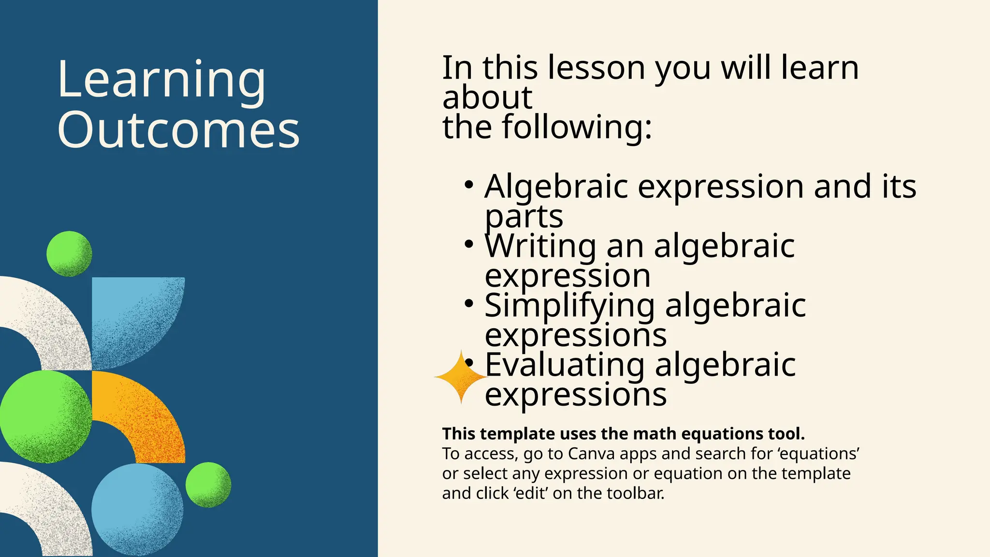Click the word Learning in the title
tap(161, 80)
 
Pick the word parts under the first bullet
tap(524, 217)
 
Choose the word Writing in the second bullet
tap(540, 246)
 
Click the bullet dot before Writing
tap(468, 245)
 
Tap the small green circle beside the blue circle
tap(208, 484)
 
